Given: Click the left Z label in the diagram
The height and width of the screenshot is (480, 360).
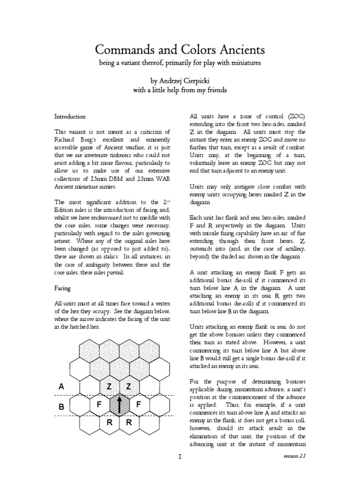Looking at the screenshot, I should (109, 386).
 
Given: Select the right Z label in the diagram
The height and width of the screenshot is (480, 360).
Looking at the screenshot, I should (128, 386).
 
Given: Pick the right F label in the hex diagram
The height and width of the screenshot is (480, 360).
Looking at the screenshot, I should (139, 404).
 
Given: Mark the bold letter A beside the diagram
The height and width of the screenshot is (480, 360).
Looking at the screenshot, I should (60, 387).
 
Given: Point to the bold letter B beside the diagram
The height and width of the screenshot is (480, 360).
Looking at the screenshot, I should (60, 407).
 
